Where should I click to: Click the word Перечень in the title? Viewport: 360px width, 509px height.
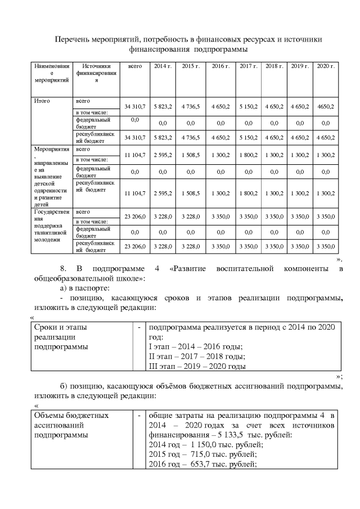(x=73, y=39)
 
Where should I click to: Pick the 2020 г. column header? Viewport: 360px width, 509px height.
(x=326, y=66)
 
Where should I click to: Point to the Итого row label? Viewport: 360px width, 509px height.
(x=42, y=101)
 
